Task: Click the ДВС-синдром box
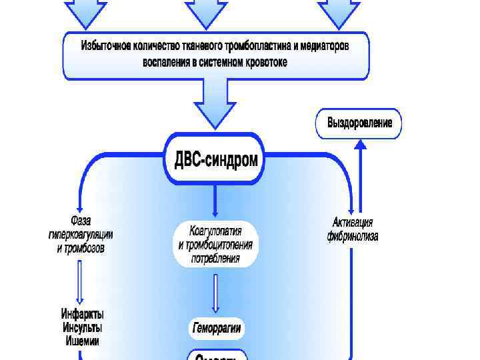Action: point(215,160)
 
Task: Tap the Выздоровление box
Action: point(359,123)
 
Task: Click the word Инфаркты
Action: point(83,314)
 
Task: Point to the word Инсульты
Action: point(83,327)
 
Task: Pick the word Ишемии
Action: point(83,341)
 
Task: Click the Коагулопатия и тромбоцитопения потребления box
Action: point(215,245)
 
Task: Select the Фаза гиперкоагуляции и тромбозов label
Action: point(81,234)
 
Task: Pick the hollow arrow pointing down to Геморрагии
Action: point(215,293)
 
